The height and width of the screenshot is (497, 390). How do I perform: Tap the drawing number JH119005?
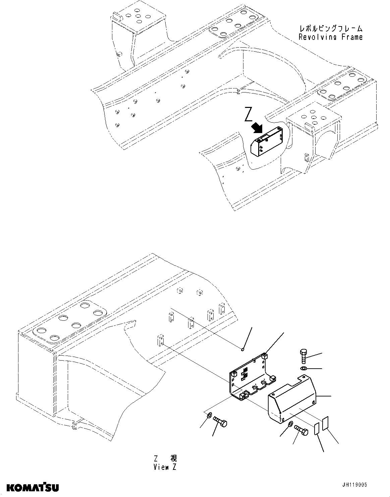tap(355, 485)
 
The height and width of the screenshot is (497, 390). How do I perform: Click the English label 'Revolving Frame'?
tap(330, 37)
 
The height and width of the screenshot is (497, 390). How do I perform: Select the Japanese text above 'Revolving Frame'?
tap(331, 29)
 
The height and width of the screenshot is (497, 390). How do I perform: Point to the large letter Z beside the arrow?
tap(248, 114)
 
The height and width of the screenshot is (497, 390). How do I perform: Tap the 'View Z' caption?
tap(165, 467)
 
